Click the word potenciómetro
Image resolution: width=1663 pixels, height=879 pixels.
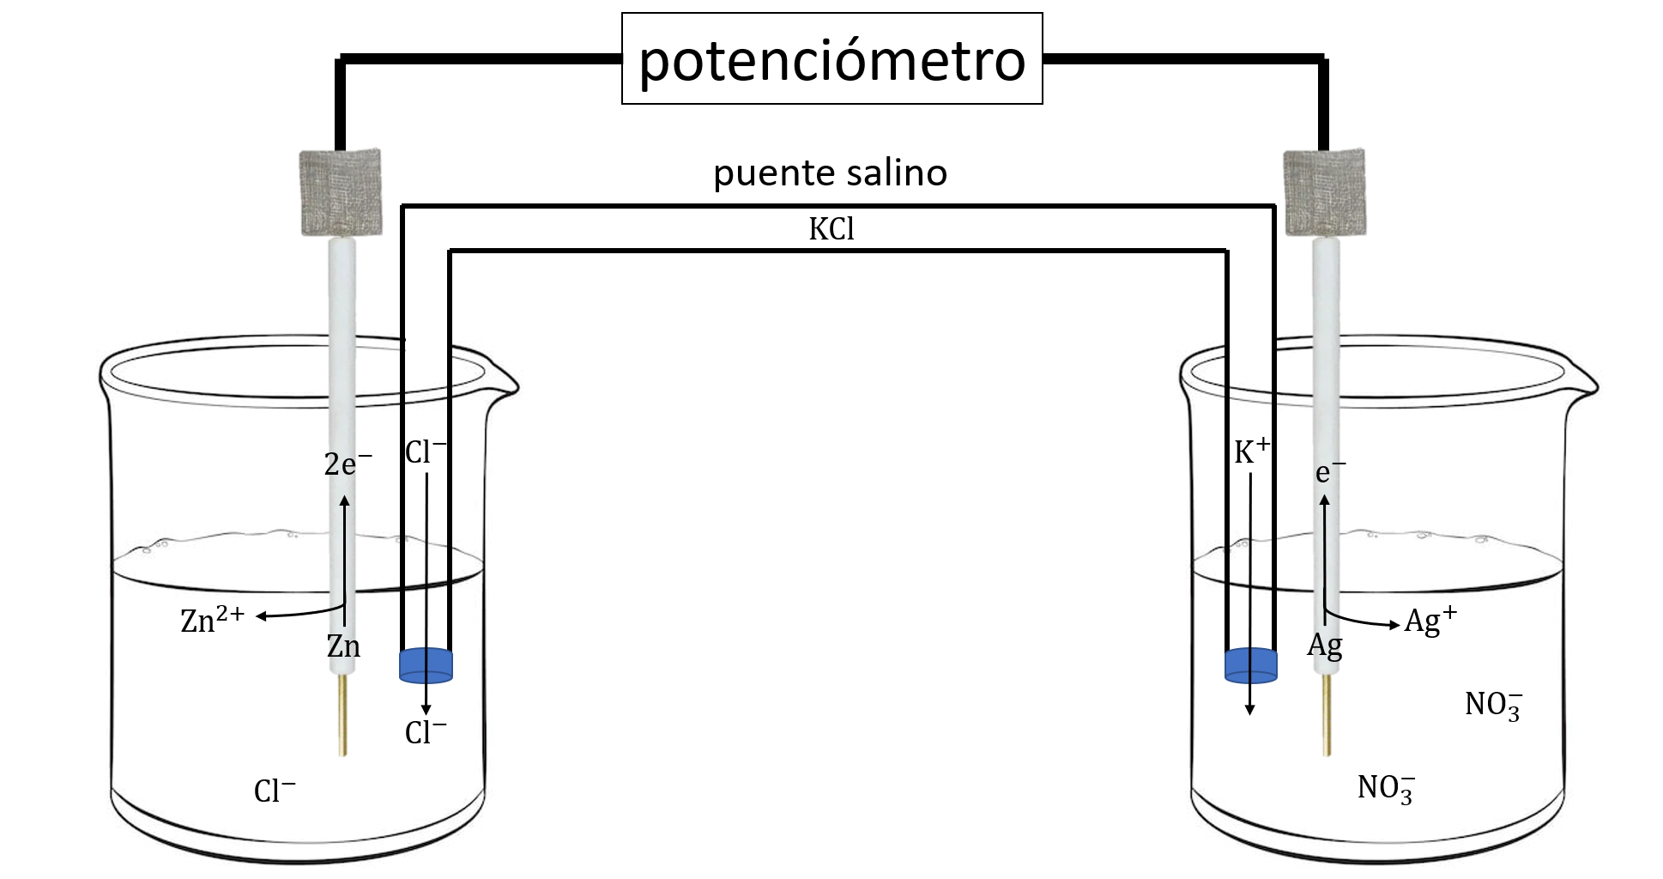coord(831,60)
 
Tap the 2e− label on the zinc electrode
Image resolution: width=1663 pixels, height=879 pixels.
coord(348,464)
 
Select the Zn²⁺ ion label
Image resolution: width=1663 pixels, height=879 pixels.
coord(212,620)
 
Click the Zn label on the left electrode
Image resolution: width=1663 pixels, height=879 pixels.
coord(343,646)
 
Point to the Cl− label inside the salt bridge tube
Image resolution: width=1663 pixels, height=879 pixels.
coord(426,452)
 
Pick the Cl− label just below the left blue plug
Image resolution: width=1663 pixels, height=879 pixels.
coord(426,732)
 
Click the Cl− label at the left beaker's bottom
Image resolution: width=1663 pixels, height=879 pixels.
coord(275,791)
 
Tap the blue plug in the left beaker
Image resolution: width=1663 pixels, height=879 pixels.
coord(426,665)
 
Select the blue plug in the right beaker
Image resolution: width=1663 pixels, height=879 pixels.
coord(1250,666)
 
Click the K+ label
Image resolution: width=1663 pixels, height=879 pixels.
coord(1251,452)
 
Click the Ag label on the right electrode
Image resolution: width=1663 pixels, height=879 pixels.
coord(1325,646)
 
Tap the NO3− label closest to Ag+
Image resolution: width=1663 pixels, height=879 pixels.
coord(1493,705)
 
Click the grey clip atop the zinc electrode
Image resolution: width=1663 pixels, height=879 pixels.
coord(341,191)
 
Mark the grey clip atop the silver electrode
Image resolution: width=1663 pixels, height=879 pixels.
coord(1325,191)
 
